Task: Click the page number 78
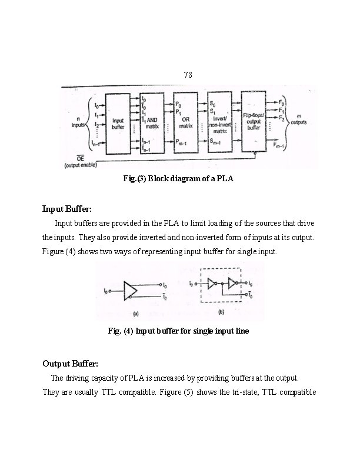[188, 75]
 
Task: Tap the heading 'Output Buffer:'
[71, 363]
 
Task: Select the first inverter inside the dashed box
[212, 284]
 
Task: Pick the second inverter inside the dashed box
[232, 284]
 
